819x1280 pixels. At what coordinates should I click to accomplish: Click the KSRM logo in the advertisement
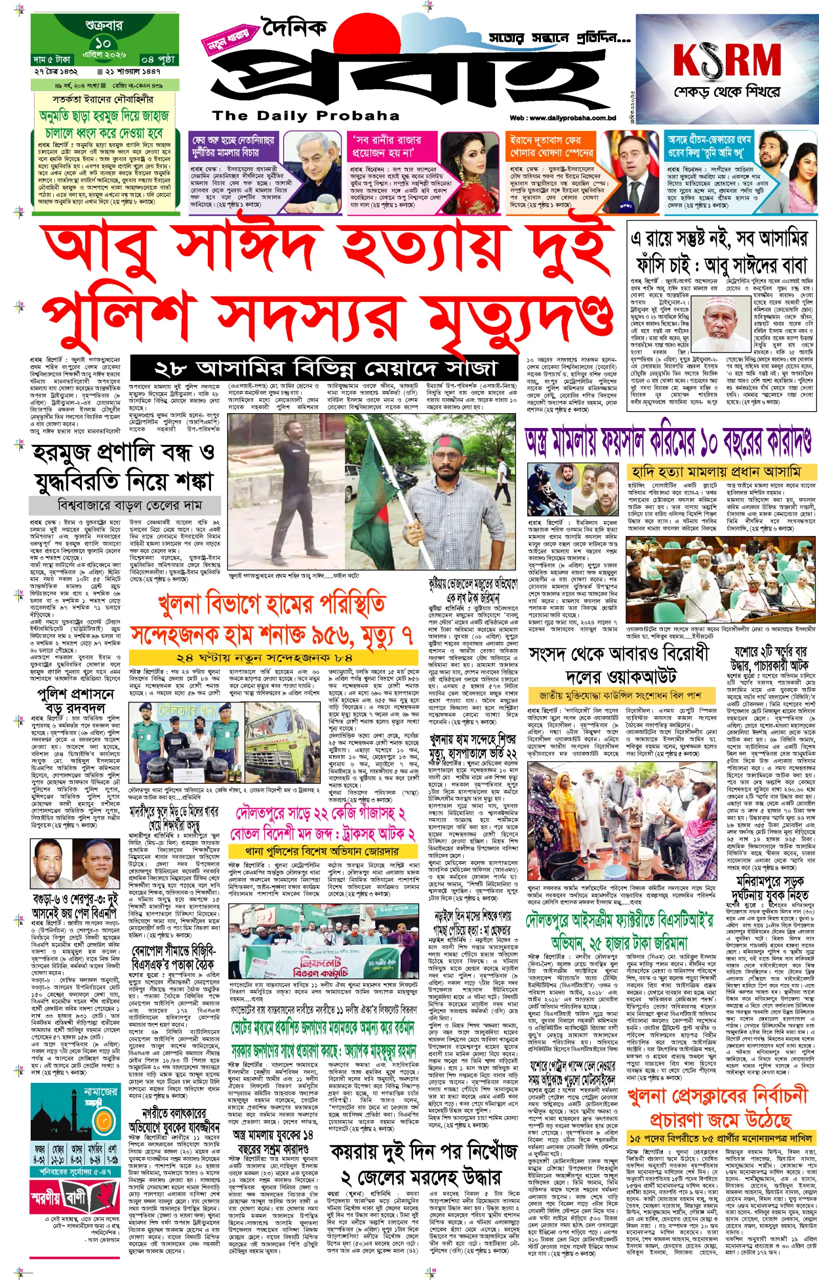pos(726,60)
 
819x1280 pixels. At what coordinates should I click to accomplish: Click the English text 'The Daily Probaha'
pos(305,116)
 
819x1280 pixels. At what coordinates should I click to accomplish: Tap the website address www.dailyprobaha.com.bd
pos(563,118)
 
